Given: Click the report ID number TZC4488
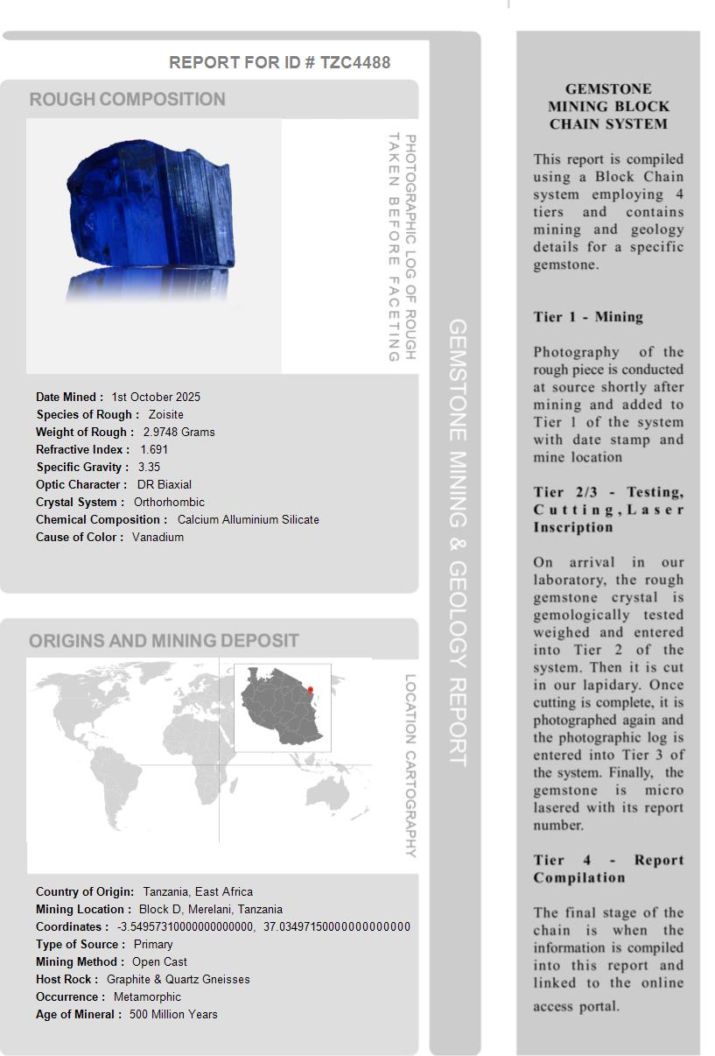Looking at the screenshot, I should pos(355,62).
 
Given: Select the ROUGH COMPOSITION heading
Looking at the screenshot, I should pos(128,99).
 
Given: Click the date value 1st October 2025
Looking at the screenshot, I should pos(156,397).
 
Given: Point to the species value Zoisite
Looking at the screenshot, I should pos(166,414).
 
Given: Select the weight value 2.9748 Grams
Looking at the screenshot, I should pos(179,432).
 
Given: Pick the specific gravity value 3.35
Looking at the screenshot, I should pos(149,467).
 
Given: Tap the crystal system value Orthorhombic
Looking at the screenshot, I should pos(169,502).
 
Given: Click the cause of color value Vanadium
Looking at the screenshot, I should pos(158,537).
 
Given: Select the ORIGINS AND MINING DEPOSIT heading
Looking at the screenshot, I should pos(164,641).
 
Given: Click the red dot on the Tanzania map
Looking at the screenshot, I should pos(310,690).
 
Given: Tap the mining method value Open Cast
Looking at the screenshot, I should pos(160,961).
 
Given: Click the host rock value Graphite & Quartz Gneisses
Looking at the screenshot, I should pos(179,979).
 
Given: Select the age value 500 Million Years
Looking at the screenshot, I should pos(173,1014).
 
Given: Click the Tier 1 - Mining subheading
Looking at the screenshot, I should pos(588,317).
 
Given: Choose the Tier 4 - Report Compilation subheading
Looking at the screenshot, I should pos(608,869).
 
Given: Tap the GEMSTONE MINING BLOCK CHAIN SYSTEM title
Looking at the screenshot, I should pos(608,106).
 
